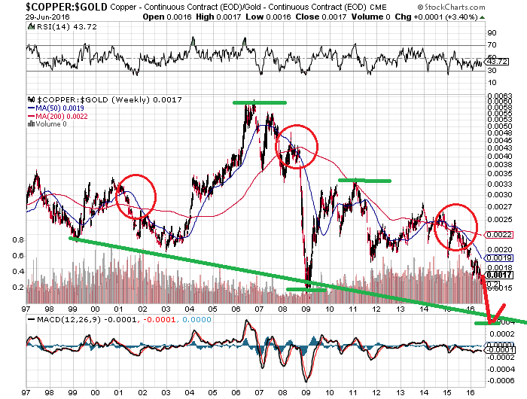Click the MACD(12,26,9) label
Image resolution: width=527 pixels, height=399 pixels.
[63, 319]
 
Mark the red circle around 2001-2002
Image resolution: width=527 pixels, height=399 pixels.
[136, 196]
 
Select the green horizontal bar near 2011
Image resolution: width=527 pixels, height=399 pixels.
[365, 181]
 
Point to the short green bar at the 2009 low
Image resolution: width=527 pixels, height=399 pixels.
[306, 289]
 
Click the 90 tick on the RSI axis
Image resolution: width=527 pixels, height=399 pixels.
[492, 33]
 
